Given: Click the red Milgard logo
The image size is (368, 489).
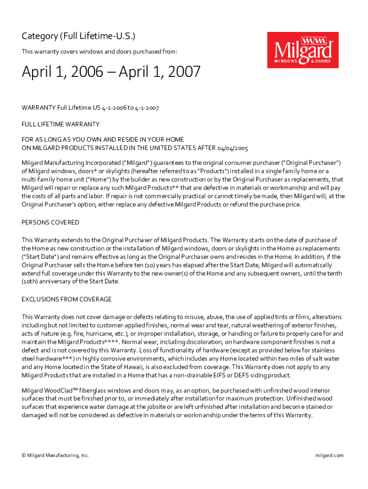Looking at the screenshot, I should [302, 50].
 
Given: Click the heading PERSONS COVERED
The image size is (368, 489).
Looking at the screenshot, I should [51, 223].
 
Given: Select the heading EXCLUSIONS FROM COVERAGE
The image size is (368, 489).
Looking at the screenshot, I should [67, 299].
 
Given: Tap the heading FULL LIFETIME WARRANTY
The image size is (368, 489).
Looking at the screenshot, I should [61, 124].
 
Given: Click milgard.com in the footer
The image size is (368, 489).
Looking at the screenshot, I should [329, 456].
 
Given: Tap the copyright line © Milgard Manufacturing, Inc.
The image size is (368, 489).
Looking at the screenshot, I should [55, 456].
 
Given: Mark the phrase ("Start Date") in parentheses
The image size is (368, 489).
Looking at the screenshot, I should [40, 256].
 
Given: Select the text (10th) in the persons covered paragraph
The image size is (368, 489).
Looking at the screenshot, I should [30, 281].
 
